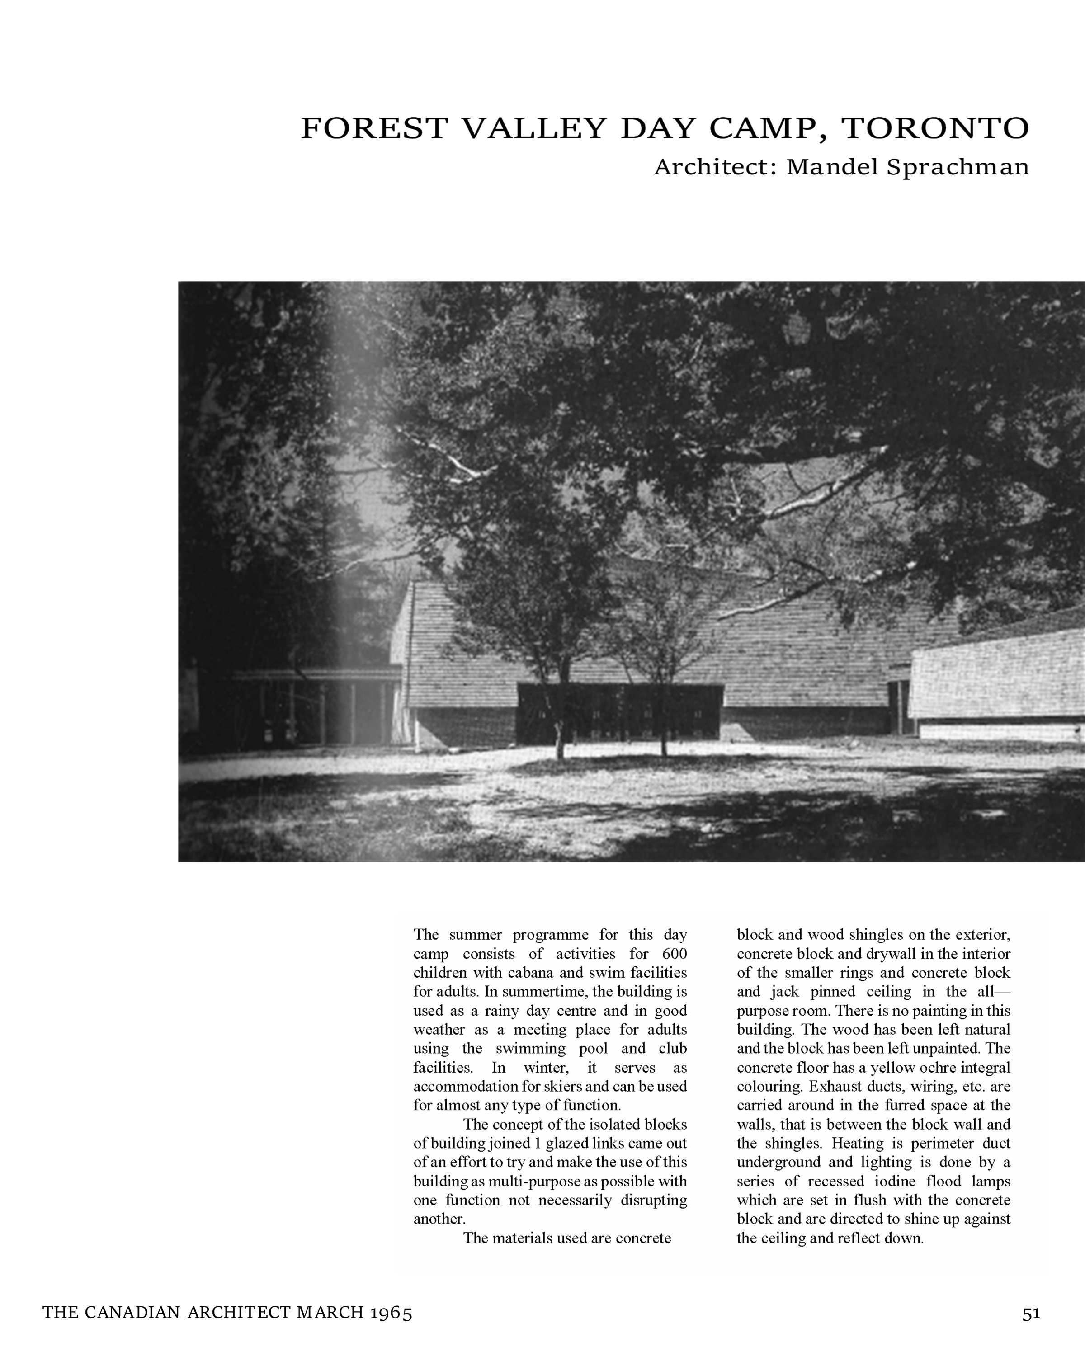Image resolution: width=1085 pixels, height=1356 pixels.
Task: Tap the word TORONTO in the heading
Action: click(x=935, y=128)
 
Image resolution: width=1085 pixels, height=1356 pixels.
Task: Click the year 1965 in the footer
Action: click(x=391, y=1313)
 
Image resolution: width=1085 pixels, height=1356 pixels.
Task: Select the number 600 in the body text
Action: click(x=674, y=953)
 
